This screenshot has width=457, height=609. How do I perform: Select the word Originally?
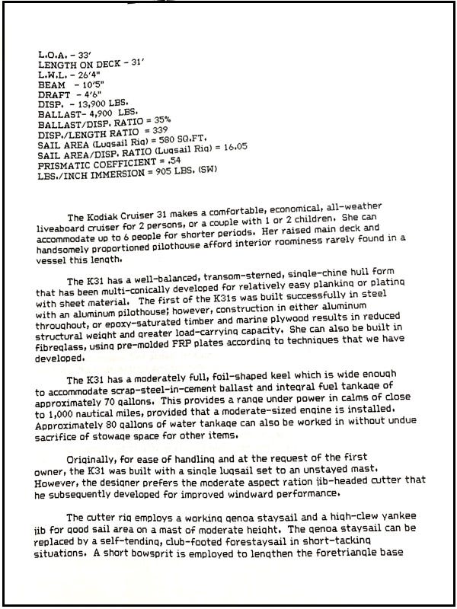point(91,459)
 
